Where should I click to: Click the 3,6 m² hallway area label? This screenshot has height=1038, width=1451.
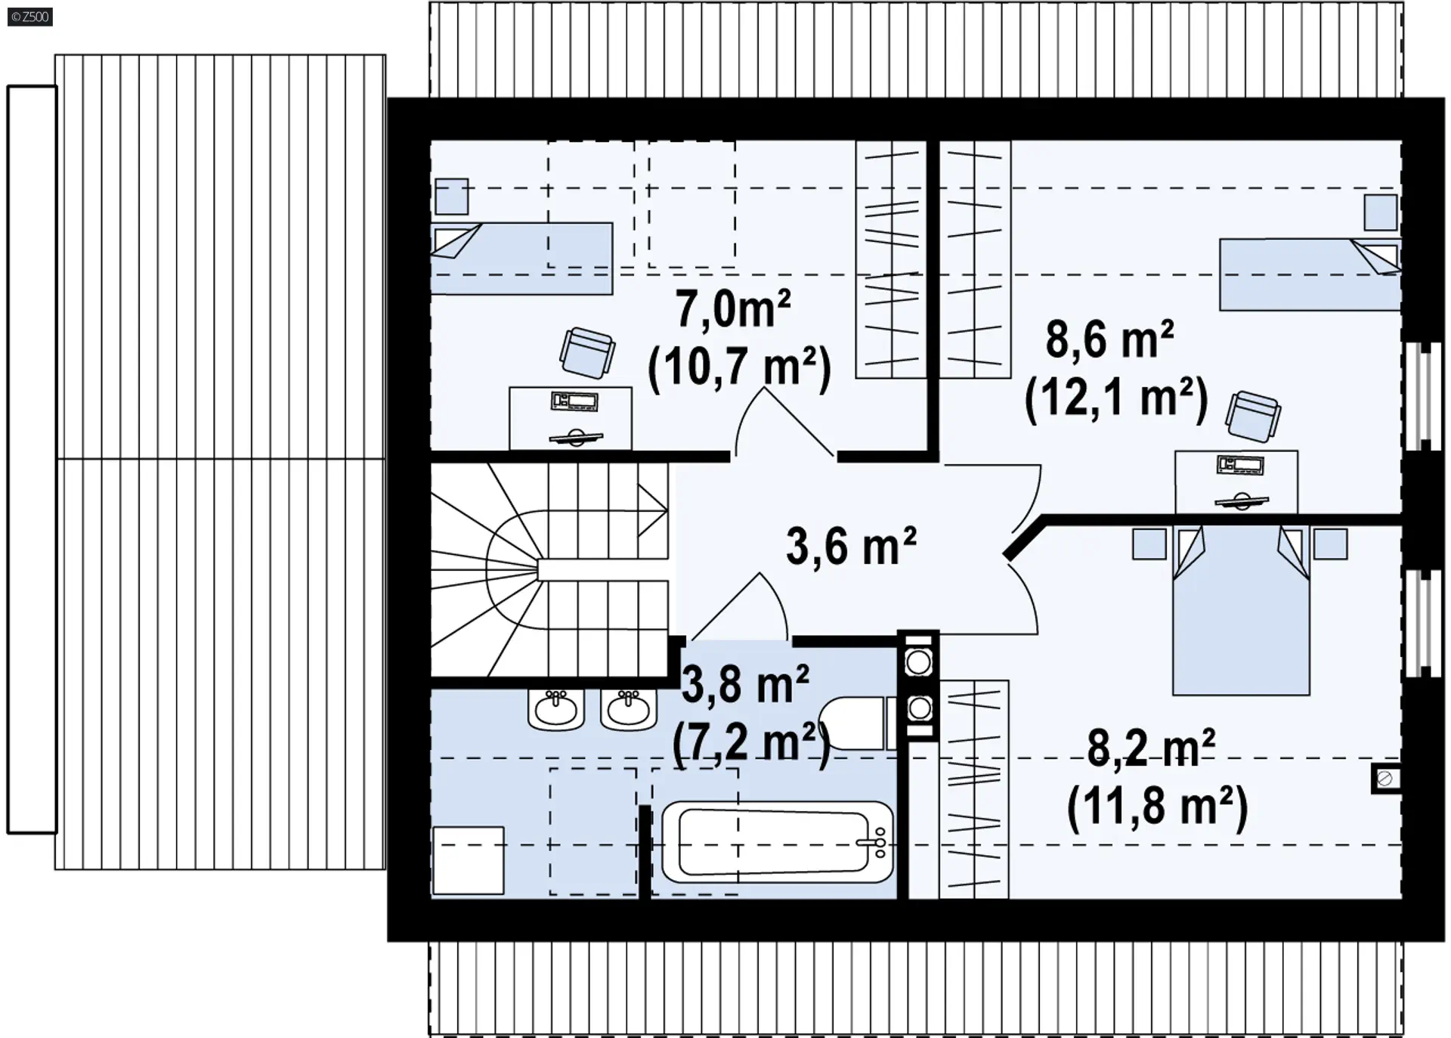[x=851, y=546]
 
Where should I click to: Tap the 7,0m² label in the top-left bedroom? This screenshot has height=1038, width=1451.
[x=733, y=309]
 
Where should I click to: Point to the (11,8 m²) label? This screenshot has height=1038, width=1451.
[x=1157, y=806]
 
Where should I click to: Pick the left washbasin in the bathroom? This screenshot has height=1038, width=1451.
[x=556, y=709]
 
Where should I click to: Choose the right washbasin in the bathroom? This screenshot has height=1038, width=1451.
[x=629, y=709]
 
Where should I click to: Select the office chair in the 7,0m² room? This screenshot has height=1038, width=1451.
[x=587, y=352]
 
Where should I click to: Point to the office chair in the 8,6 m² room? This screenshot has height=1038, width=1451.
[x=1253, y=416]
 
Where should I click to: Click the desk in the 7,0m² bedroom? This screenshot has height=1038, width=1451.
[x=571, y=418]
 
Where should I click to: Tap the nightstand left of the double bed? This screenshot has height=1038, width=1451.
[x=1149, y=544]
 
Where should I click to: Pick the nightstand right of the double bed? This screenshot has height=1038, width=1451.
[x=1330, y=544]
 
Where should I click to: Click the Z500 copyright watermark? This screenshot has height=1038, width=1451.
[x=30, y=16]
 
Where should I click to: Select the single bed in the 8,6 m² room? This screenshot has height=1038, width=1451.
[x=1310, y=274]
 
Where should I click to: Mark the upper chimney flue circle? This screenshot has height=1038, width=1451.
[x=918, y=663]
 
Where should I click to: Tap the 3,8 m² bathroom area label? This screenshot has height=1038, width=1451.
[x=745, y=684]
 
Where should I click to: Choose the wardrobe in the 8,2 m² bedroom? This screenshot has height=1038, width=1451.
[x=974, y=789]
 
